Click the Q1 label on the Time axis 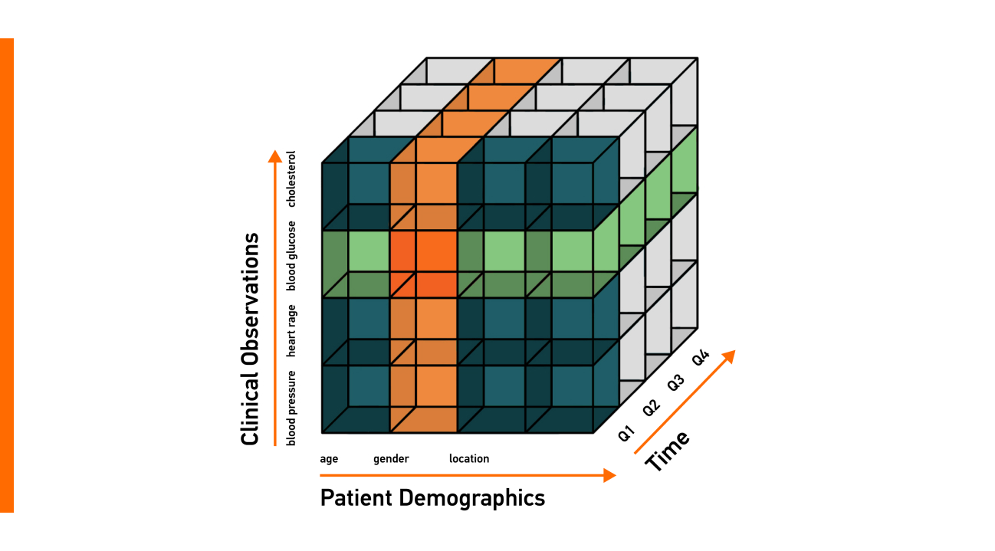(x=627, y=433)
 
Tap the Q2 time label (x=652, y=408)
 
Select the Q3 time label (x=676, y=382)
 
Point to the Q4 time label (x=701, y=357)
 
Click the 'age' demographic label (x=329, y=459)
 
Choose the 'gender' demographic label (x=391, y=459)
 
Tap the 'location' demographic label (x=469, y=459)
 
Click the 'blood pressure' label (x=291, y=408)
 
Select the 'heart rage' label (x=291, y=330)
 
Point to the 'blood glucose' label (x=291, y=256)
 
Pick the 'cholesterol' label (x=291, y=179)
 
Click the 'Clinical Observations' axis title (x=250, y=339)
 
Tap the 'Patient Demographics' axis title (x=432, y=498)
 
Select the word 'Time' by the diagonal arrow (x=667, y=451)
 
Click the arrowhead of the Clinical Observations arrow (x=274, y=156)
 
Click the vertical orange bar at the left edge (x=6, y=275)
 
